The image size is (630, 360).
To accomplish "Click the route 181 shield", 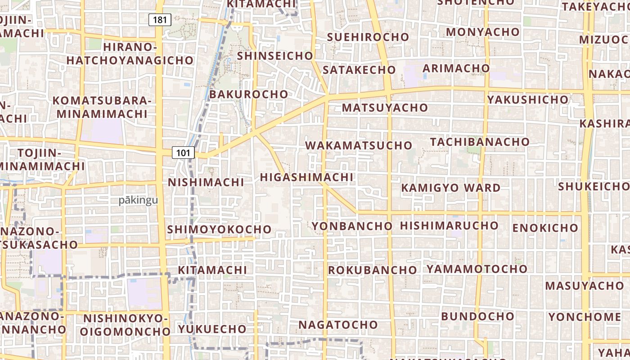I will pyautogui.click(x=160, y=19).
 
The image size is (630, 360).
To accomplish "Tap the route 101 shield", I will pyautogui.click(x=183, y=153).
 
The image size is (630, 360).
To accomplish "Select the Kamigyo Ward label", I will pyautogui.click(x=450, y=188).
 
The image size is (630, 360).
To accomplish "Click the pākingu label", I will pyautogui.click(x=138, y=200).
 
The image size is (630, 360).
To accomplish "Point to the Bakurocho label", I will pyautogui.click(x=248, y=94).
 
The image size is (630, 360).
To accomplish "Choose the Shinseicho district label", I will pyautogui.click(x=274, y=56).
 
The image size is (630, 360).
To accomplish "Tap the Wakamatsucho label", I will pyautogui.click(x=359, y=145).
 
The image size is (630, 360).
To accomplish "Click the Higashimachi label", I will pyautogui.click(x=306, y=177).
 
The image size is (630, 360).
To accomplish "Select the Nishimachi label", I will pyautogui.click(x=206, y=182).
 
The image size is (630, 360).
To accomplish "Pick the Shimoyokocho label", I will pyautogui.click(x=219, y=229).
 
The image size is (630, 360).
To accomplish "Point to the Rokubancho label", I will pyautogui.click(x=372, y=270).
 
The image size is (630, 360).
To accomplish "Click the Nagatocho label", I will pyautogui.click(x=338, y=324).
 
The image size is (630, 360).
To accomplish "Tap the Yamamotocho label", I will pyautogui.click(x=477, y=269).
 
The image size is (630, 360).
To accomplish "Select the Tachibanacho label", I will pyautogui.click(x=480, y=142).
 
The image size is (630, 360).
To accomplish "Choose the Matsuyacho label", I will pyautogui.click(x=385, y=108).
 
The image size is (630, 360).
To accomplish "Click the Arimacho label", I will pyautogui.click(x=456, y=68).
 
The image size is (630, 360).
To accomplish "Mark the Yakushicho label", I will pyautogui.click(x=527, y=99).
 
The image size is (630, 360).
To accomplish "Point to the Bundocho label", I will pyautogui.click(x=477, y=316).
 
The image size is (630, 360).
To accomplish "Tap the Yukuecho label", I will pyautogui.click(x=212, y=329).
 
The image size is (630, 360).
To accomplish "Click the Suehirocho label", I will pyautogui.click(x=368, y=37).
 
